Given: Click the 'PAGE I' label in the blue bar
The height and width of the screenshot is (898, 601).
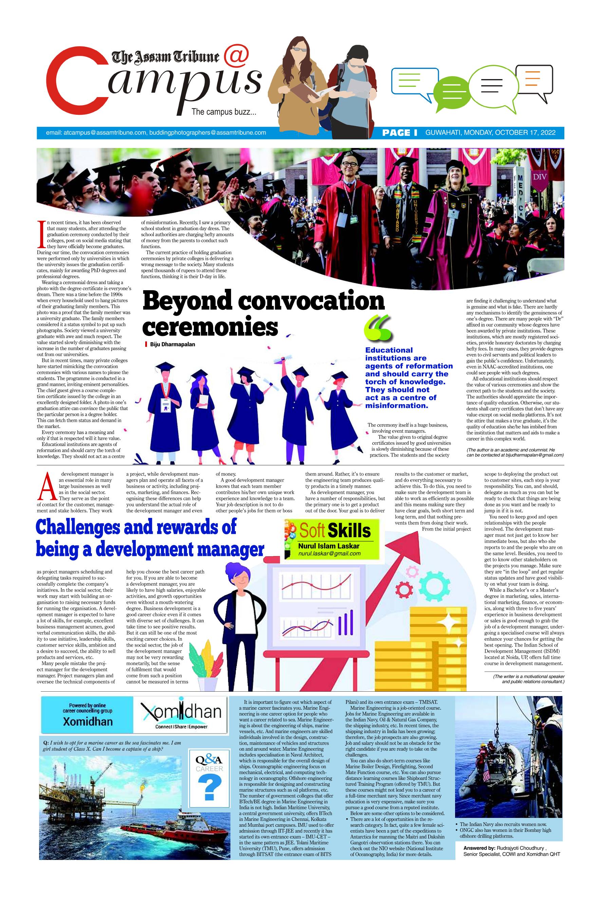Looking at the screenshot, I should click(399, 133).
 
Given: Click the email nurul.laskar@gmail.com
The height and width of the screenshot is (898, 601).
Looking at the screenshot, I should click(329, 554).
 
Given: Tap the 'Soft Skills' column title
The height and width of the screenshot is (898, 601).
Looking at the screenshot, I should click(335, 531).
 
